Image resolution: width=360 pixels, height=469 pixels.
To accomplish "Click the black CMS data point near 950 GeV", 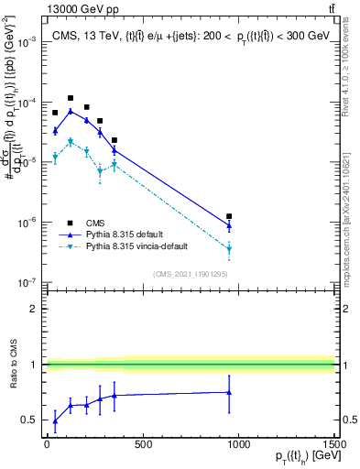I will (229, 216).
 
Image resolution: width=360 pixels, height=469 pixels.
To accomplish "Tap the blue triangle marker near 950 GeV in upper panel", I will (229, 225).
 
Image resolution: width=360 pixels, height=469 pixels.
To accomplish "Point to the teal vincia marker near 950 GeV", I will (229, 248).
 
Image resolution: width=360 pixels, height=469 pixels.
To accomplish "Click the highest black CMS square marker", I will (71, 98).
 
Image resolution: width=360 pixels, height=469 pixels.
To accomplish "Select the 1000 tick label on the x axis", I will (238, 446).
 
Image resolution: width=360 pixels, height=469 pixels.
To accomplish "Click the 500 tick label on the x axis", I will (142, 446).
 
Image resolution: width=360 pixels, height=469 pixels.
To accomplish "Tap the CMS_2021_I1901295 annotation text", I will (190, 273).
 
